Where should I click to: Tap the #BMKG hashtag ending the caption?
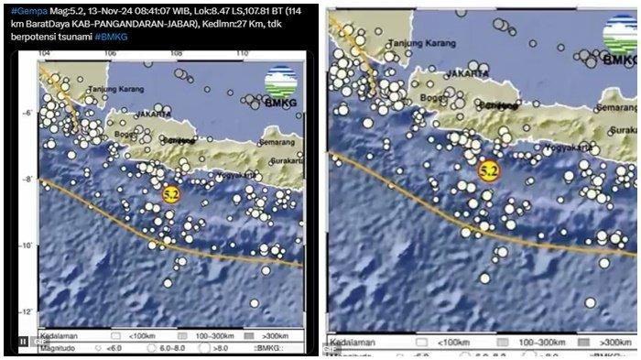111,37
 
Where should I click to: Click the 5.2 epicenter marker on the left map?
171,194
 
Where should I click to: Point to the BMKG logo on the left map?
282,85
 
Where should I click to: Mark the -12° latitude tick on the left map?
28,312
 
